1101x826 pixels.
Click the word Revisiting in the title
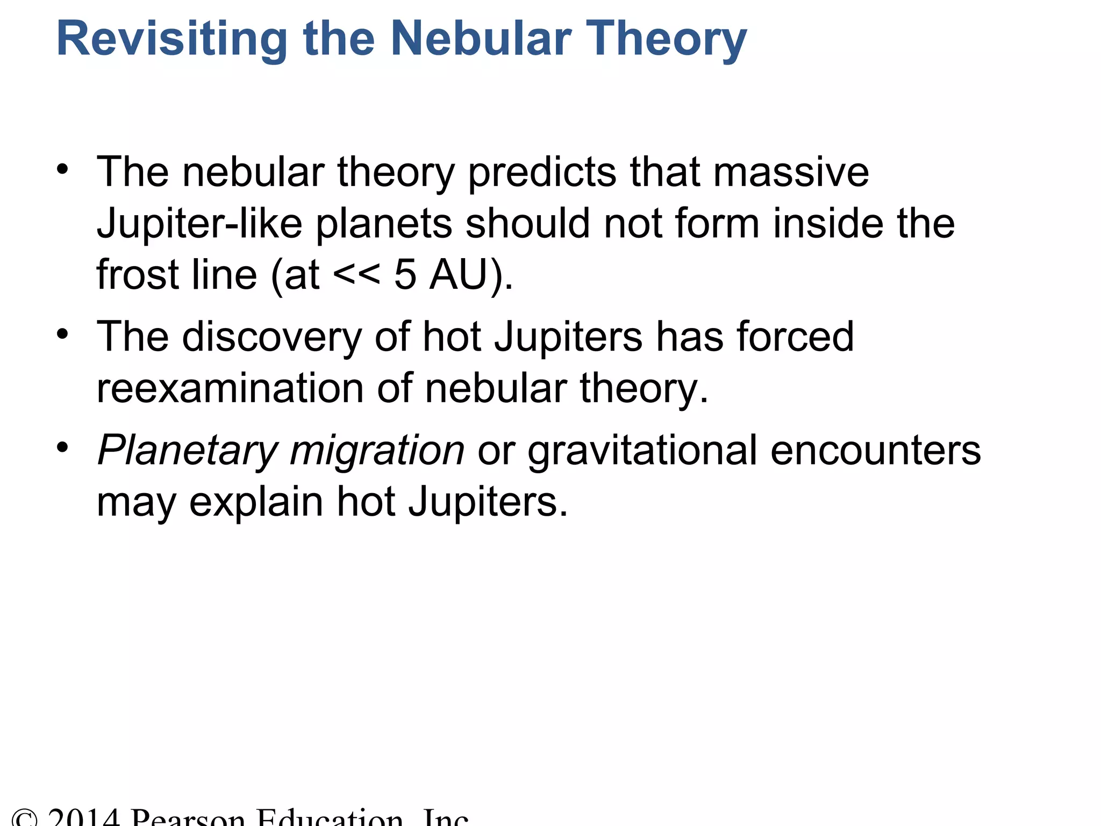[x=171, y=39]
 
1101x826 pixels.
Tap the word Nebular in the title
[x=481, y=39]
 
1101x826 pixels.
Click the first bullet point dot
[x=63, y=169]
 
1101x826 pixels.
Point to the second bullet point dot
[x=63, y=334]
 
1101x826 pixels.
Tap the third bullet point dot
[x=63, y=447]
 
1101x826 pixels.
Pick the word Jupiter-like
[x=199, y=224]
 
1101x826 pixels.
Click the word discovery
[x=272, y=337]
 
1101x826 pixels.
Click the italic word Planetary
[x=188, y=451]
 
